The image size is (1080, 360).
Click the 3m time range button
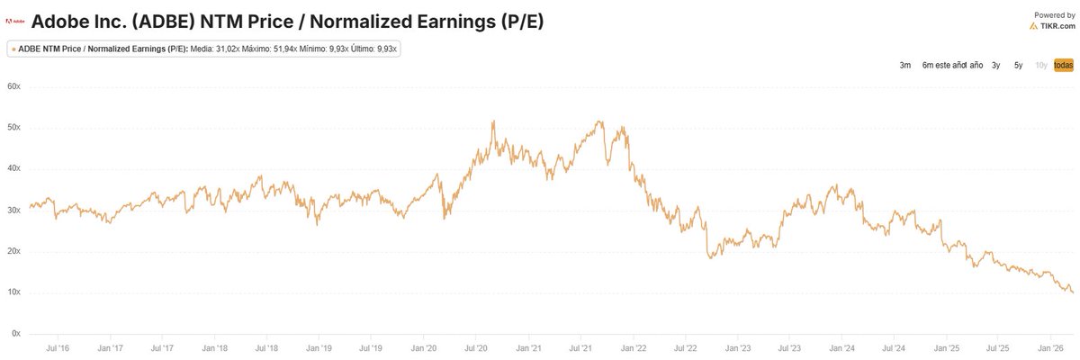905,66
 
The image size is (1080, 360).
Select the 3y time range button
996,66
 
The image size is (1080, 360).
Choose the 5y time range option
1018,66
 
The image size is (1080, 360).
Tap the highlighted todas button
1063,66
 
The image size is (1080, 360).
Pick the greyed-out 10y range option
1040,66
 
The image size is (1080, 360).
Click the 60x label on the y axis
14,86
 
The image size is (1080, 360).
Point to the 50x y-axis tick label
14,128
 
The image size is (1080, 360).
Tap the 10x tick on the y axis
14,292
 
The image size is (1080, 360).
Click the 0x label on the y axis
16,334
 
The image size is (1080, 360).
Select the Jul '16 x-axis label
58,347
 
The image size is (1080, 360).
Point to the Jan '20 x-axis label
424,347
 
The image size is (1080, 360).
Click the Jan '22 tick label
634,347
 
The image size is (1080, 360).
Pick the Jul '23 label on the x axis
790,347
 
